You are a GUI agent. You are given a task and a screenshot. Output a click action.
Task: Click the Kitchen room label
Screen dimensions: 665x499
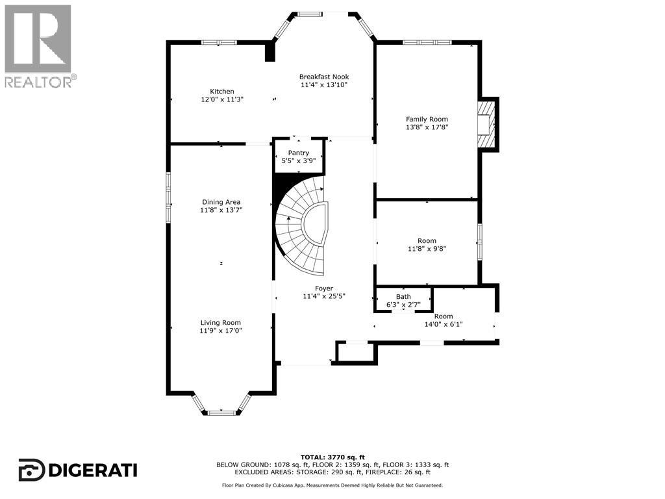222,91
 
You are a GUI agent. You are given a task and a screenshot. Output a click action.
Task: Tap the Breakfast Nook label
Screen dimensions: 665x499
324,77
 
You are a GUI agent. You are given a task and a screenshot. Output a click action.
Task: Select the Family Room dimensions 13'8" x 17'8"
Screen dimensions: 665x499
427,127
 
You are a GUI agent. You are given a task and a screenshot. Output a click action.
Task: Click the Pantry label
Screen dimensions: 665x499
299,153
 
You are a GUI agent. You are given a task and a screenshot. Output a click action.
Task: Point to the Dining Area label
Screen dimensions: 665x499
221,202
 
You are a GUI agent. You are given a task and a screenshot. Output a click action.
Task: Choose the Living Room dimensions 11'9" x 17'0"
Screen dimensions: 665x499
221,331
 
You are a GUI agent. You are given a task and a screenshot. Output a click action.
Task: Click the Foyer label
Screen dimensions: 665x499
324,288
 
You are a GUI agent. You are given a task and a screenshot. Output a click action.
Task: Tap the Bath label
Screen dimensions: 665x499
403,296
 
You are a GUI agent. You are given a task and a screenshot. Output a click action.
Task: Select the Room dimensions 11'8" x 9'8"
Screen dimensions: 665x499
427,249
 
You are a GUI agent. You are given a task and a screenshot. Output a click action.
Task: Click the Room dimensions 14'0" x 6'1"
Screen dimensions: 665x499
443,324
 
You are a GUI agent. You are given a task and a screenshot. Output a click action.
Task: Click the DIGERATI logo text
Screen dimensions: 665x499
94,470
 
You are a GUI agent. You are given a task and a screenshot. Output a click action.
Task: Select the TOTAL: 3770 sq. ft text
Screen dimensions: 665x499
332,457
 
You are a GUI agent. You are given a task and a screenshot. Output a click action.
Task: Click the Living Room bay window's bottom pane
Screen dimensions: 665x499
221,413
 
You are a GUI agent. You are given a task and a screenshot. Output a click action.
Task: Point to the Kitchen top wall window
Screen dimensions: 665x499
219,42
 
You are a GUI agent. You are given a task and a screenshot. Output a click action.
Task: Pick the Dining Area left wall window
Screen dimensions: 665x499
168,198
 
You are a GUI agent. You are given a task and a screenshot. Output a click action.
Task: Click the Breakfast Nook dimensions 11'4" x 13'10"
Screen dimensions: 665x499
324,85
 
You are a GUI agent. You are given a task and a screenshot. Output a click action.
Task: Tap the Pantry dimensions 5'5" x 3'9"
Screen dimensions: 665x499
299,161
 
